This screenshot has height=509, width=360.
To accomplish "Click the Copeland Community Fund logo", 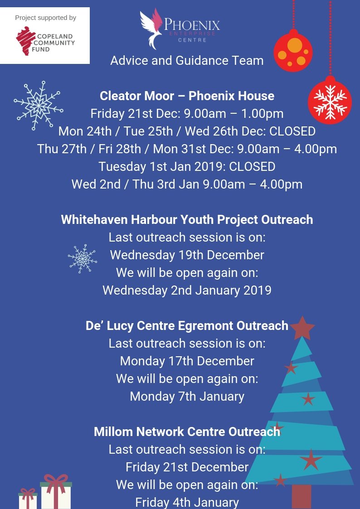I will pyautogui.click(x=45, y=41).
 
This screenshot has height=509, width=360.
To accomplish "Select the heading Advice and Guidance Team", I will pyautogui.click(x=187, y=60).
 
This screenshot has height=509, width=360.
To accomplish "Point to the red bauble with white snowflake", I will pyautogui.click(x=330, y=102).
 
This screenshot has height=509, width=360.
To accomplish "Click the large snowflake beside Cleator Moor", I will pyautogui.click(x=38, y=106).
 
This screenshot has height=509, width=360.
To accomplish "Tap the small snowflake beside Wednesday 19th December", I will pyautogui.click(x=82, y=258).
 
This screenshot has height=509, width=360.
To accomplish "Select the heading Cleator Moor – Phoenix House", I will pyautogui.click(x=187, y=96).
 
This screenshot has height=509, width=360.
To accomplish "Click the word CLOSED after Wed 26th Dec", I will pyautogui.click(x=292, y=131).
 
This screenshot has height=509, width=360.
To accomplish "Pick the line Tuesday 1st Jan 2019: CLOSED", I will pyautogui.click(x=187, y=167).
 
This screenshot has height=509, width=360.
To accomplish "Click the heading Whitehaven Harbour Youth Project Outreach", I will pyautogui.click(x=187, y=220).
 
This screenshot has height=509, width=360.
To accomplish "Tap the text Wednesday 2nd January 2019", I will pyautogui.click(x=187, y=290).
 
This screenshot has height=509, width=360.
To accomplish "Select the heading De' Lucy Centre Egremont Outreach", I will pyautogui.click(x=187, y=326).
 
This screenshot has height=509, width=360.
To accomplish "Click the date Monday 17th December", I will pyautogui.click(x=187, y=361).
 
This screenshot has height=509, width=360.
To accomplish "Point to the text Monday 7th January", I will pyautogui.click(x=187, y=397).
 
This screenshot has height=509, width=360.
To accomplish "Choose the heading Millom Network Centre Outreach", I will pyautogui.click(x=187, y=431).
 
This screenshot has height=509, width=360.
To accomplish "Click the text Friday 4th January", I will pyautogui.click(x=187, y=502).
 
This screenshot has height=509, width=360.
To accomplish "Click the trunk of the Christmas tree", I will pyautogui.click(x=302, y=496).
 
